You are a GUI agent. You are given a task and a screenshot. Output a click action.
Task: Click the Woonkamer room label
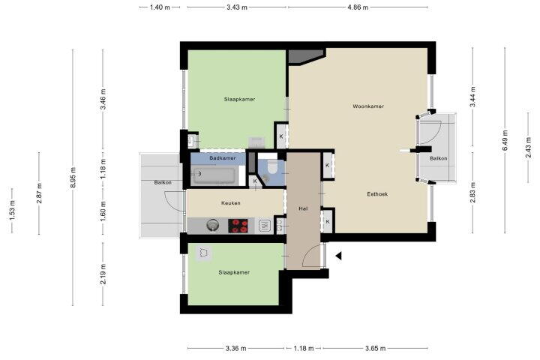pyautogui.click(x=368, y=106)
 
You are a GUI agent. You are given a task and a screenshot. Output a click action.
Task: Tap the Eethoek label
pyautogui.click(x=377, y=194)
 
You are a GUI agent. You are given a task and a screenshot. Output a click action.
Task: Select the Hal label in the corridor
pyautogui.click(x=303, y=208)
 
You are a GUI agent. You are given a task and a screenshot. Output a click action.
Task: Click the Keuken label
pyautogui.click(x=231, y=203)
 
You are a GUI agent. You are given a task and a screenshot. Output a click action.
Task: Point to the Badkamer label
pyautogui.click(x=223, y=158)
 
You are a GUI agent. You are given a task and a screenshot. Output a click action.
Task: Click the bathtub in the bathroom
pyautogui.click(x=215, y=175)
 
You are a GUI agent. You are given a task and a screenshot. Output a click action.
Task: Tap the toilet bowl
pyautogui.click(x=273, y=166)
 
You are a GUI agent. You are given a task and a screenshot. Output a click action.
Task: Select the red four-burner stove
pyautogui.click(x=238, y=226)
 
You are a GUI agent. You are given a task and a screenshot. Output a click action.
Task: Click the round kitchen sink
pyautogui.click(x=213, y=226)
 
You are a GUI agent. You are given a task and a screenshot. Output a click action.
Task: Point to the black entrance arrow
pyautogui.click(x=338, y=256)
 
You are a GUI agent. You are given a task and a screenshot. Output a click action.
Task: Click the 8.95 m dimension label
pyautogui.click(x=73, y=178)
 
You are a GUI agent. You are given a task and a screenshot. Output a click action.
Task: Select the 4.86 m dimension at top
pyautogui.click(x=358, y=7)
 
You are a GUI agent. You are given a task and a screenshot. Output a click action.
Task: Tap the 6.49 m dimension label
pyautogui.click(x=505, y=140)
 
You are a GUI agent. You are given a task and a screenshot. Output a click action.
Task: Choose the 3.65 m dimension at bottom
pyautogui.click(x=375, y=348)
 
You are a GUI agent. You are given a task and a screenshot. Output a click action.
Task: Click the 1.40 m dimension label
pyautogui.click(x=160, y=7)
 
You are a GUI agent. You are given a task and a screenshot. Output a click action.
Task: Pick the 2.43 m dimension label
pyautogui.click(x=528, y=148)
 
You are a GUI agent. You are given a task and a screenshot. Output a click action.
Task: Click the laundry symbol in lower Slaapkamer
pyautogui.click(x=203, y=253)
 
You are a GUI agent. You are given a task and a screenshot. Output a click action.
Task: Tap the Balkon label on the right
pyautogui.click(x=439, y=158)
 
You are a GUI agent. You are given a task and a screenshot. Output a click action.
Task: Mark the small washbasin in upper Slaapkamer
pyautogui.click(x=192, y=140)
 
